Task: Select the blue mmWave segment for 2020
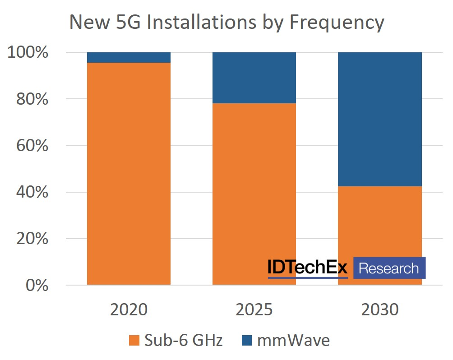[129, 57]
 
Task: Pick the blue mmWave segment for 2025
[254, 78]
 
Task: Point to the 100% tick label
[28, 53]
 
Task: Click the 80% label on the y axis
[32, 99]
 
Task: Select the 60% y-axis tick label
[32, 146]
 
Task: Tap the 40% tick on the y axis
[32, 192]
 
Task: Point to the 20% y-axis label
[32, 239]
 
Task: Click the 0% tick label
[36, 285]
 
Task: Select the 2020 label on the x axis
[129, 310]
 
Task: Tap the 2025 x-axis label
[254, 310]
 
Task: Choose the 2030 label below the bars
[380, 310]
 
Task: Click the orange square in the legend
[134, 341]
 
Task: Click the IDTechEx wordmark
[308, 268]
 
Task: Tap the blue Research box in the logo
[389, 268]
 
